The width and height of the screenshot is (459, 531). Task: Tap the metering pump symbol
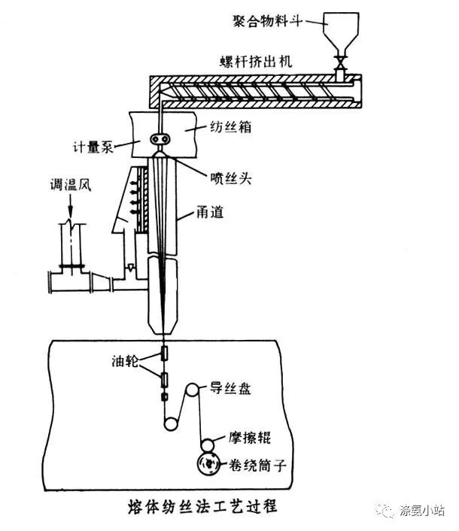coord(160,139)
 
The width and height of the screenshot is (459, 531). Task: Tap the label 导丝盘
coord(229,388)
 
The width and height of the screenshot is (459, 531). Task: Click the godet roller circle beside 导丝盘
coord(194,390)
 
